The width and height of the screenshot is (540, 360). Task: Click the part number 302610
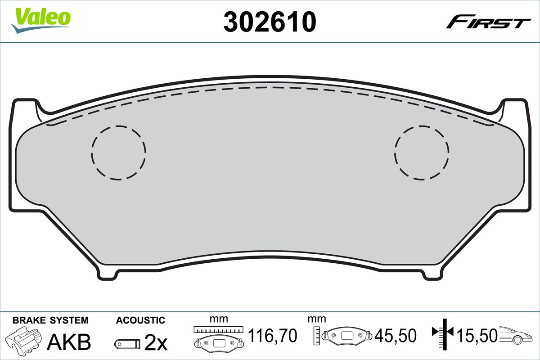(270, 21)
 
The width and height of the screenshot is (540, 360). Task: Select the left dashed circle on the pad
(119, 153)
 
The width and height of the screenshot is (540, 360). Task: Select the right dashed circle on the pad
(422, 153)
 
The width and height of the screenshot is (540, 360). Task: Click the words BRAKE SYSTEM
(50, 320)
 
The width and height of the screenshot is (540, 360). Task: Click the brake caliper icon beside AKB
(24, 341)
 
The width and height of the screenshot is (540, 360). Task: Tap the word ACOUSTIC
(140, 320)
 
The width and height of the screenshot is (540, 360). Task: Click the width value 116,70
(273, 336)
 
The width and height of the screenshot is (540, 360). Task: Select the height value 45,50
(396, 336)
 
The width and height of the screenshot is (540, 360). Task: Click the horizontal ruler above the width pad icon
(218, 329)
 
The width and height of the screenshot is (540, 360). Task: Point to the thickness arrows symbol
(443, 333)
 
